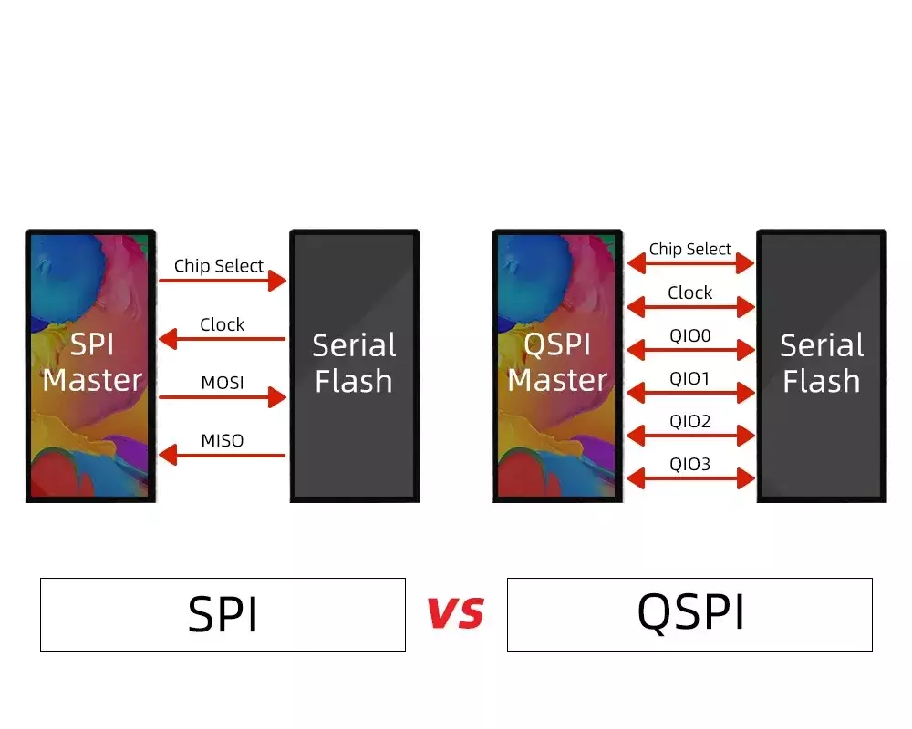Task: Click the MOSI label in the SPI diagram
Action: tap(223, 383)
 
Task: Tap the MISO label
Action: tap(223, 441)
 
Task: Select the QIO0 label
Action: tap(689, 335)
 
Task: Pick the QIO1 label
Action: tap(689, 378)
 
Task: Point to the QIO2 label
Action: tap(689, 421)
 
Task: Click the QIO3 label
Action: tap(689, 464)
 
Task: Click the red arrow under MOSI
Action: tap(223, 397)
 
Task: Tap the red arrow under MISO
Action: tap(223, 456)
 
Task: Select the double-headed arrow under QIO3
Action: tap(691, 478)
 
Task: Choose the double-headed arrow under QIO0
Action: tap(691, 350)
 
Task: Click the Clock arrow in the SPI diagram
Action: tap(223, 339)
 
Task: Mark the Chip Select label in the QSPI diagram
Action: tap(689, 249)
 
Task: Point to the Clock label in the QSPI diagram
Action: tap(689, 293)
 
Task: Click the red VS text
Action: tap(455, 612)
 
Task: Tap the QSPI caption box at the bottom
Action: tap(689, 614)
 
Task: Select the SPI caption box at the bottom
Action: tap(223, 614)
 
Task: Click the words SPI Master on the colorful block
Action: tap(92, 362)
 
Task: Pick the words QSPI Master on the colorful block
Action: tap(557, 362)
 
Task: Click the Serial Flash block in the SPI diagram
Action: tap(355, 365)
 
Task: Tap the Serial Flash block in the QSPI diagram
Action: tap(822, 365)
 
